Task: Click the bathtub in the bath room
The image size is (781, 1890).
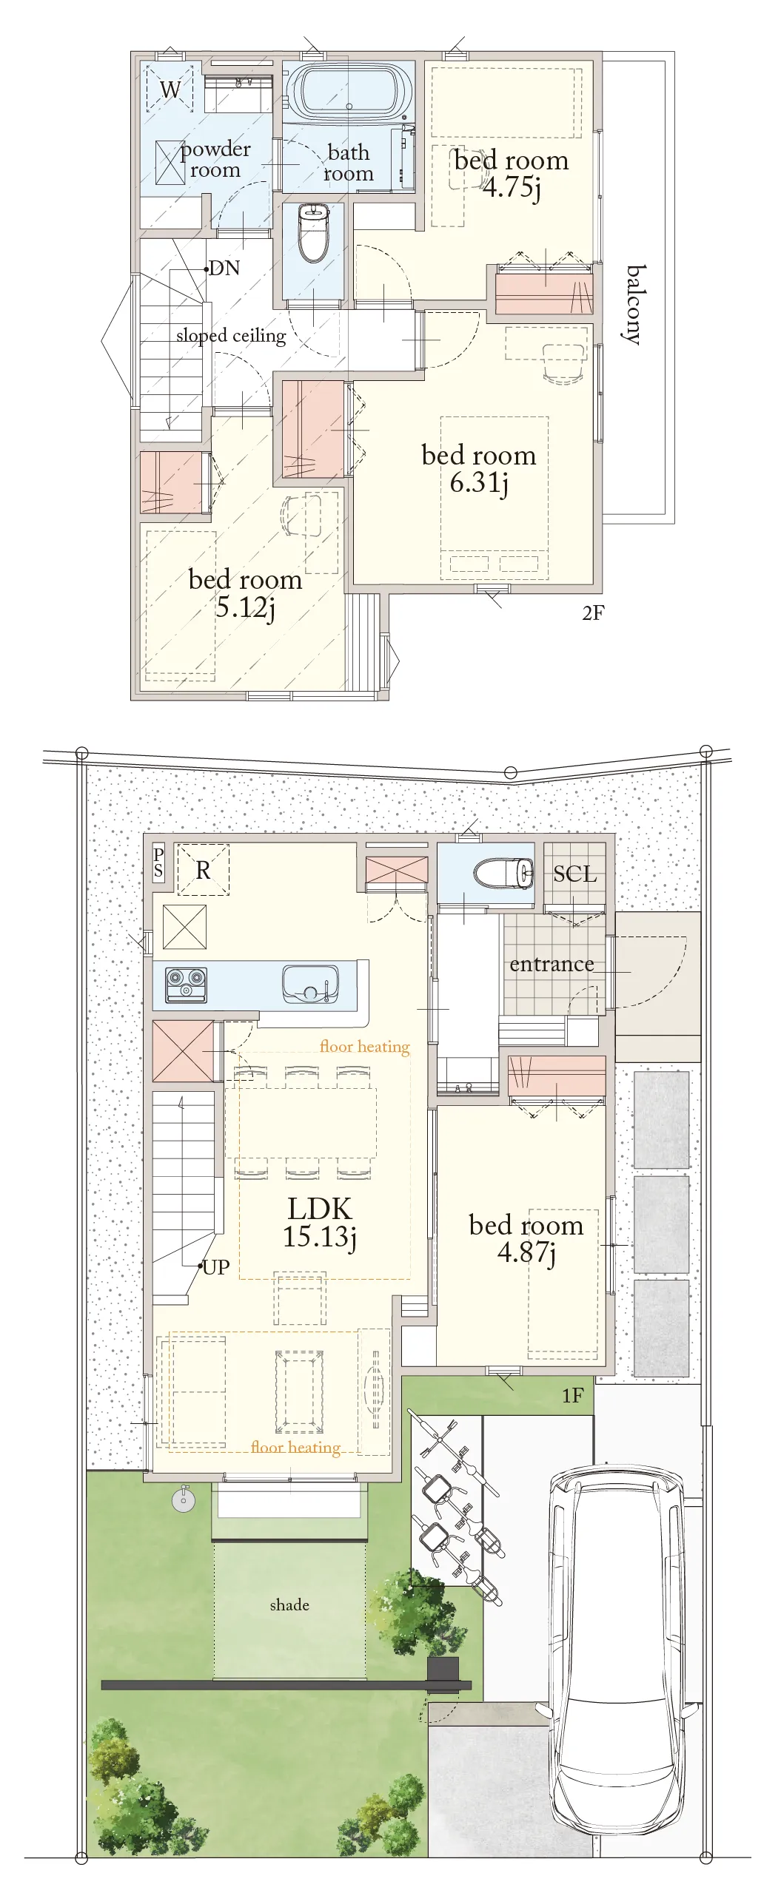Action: [x=349, y=94]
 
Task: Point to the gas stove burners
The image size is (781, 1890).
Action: [x=186, y=985]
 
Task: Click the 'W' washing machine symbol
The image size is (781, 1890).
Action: [x=170, y=90]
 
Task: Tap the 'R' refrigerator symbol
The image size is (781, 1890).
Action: [x=203, y=870]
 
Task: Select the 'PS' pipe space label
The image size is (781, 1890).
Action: [x=158, y=863]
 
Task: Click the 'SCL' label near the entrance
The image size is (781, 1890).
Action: [x=574, y=874]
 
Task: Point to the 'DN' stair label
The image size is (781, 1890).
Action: [x=224, y=268]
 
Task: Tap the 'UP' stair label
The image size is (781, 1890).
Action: [x=215, y=1267]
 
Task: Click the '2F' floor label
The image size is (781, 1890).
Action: [x=593, y=612]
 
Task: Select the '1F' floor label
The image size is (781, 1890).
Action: [x=572, y=1395]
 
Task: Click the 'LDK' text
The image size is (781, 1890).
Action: [x=320, y=1209]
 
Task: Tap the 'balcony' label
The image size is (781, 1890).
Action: [x=634, y=305]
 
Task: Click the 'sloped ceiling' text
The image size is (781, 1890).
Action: [x=231, y=336]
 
